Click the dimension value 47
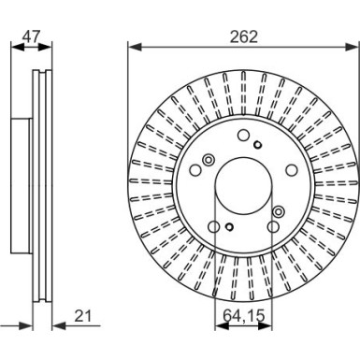[x=31, y=36]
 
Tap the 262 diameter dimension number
[x=244, y=36]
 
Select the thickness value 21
[x=83, y=316]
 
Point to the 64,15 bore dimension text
[x=244, y=316]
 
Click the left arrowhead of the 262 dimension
[x=135, y=48]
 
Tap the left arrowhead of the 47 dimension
[x=18, y=48]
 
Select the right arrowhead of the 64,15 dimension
[x=265, y=326]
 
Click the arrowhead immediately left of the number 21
[x=59, y=326]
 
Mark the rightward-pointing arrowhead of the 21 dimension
[x=25, y=326]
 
